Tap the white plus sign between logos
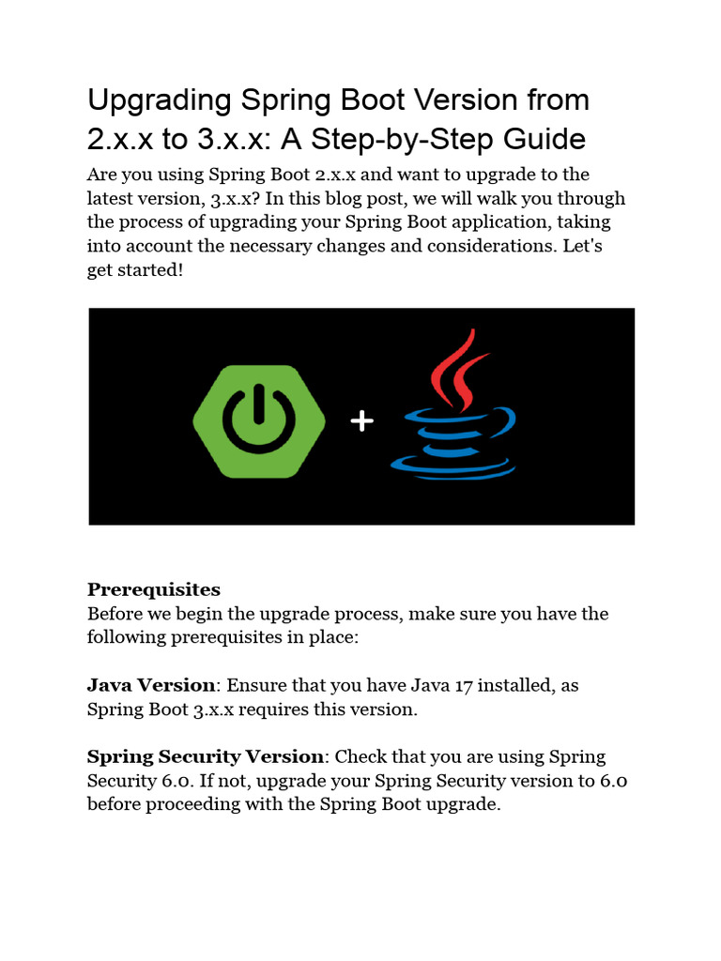(x=361, y=421)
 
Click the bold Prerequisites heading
(x=154, y=589)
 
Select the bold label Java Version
(x=151, y=685)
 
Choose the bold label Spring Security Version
(x=206, y=756)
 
